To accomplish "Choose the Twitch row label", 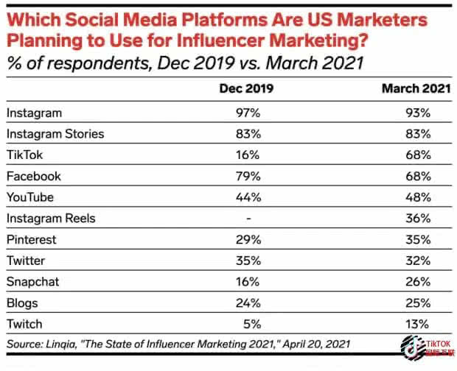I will coord(24,325).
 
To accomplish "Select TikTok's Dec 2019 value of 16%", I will coord(248,155).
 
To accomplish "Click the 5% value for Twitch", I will coord(251,325).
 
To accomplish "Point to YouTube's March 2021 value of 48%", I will coord(417,197).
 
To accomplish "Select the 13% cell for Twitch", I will coord(417,325).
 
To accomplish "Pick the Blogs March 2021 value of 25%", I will coord(417,303).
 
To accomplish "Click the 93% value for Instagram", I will coord(417,113).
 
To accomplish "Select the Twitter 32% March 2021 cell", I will coord(417,261).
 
